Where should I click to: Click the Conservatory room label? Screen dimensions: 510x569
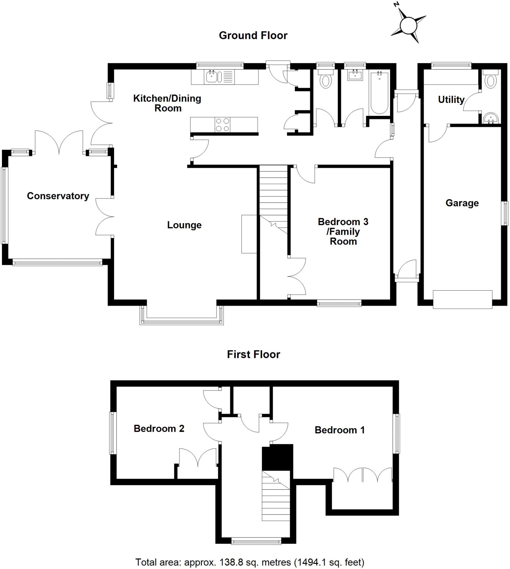pos(58,196)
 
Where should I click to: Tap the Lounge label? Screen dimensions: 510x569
pos(184,225)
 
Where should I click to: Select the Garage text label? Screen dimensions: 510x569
pos(462,203)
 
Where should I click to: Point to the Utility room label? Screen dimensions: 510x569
pos(451,99)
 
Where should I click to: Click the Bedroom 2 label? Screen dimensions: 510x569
pos(159,428)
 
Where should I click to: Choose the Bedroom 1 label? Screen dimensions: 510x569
pos(340,430)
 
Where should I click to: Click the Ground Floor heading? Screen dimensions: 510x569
pos(253,36)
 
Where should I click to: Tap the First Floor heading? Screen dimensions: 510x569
pos(253,355)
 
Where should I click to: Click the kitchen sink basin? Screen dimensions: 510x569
pos(212,77)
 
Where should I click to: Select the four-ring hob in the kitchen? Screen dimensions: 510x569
pos(222,125)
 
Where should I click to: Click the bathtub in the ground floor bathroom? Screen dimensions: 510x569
pos(379,93)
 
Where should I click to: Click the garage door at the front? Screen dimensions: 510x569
pos(462,300)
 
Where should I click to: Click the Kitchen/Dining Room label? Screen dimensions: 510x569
pos(167,103)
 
